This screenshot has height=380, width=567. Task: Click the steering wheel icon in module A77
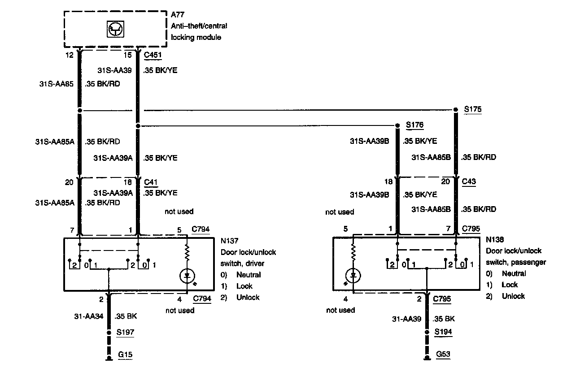tap(116, 30)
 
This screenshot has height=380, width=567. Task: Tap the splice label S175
tap(473, 109)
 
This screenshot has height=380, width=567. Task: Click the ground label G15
tap(125, 355)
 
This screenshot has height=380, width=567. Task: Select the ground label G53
tap(443, 354)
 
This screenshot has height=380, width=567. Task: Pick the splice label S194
tap(443, 332)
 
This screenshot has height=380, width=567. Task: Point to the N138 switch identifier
tap(495, 240)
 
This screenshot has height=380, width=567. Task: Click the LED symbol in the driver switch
tap(187, 276)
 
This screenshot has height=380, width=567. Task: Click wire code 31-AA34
tap(89, 316)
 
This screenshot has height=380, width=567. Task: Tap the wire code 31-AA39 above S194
tap(407, 319)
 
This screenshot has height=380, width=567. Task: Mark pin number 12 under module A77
tap(69, 55)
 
